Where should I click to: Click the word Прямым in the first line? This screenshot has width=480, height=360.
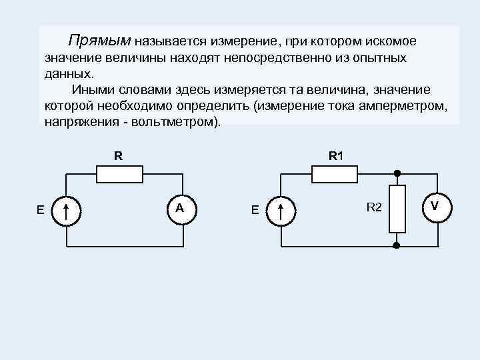click(101, 41)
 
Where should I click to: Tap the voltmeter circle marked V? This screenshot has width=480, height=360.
click(435, 207)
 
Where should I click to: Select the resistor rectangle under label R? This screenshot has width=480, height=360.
click(120, 175)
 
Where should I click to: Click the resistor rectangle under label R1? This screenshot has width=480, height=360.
click(335, 175)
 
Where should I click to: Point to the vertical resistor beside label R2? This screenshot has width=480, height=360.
click(397, 209)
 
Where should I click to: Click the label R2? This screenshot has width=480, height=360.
click(373, 209)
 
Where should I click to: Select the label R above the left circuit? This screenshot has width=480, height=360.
click(118, 157)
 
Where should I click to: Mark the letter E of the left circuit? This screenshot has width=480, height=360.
click(41, 211)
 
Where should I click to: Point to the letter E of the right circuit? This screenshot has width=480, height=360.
click(255, 211)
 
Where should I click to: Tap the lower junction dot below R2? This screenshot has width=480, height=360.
click(397, 245)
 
